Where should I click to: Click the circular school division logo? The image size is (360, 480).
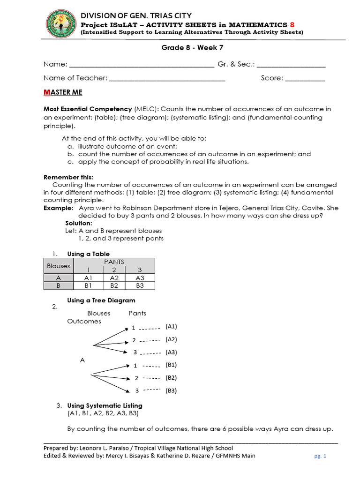(62, 24)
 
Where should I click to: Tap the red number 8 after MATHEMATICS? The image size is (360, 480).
(292, 24)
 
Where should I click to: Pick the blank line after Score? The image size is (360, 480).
(305, 78)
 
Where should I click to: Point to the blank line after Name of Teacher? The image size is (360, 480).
(167, 78)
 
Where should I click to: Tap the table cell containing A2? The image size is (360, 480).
(114, 277)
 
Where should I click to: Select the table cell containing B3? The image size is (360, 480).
(140, 285)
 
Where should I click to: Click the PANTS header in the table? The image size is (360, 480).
(114, 262)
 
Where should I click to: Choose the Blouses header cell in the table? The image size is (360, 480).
(59, 266)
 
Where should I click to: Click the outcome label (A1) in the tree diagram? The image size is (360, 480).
(171, 326)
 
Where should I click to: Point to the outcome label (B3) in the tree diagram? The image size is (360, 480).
(171, 390)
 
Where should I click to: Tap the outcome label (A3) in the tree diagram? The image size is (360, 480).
(171, 352)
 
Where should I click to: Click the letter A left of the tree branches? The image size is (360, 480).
(82, 360)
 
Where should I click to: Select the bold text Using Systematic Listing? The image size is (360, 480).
(105, 405)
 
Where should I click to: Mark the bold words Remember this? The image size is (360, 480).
(68, 177)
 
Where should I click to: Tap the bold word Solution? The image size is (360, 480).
(79, 223)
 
